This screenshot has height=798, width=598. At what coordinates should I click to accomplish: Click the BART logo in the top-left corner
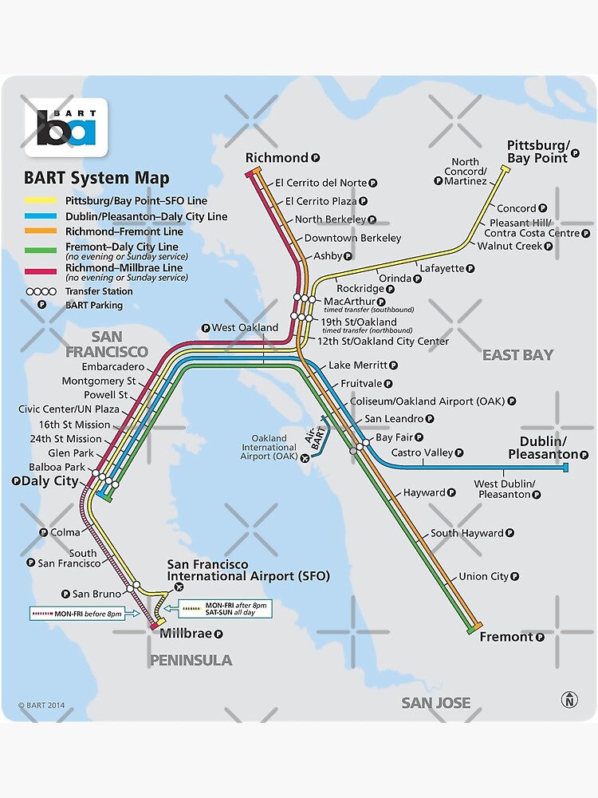pos(66,127)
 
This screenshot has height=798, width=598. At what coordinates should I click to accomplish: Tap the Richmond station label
pos(276,157)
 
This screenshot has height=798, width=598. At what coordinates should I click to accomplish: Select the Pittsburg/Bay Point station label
pos(539,151)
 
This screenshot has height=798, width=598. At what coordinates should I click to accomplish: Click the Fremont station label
pos(506,636)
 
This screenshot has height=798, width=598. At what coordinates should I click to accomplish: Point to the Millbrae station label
pos(185,634)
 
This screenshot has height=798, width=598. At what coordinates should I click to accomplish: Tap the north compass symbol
pos(569,700)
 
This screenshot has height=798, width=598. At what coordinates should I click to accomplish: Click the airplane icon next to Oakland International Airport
pos(304,458)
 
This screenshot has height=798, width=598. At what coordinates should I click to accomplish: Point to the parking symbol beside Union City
pos(515,576)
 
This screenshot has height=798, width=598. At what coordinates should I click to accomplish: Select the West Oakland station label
pos(245,327)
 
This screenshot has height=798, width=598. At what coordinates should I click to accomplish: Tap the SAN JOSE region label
pos(435,702)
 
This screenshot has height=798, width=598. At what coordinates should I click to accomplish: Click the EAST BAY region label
pos(517,355)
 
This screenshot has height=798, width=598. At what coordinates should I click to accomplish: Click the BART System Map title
pos(96,179)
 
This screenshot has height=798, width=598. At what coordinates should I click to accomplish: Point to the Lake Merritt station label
pos(356,365)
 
